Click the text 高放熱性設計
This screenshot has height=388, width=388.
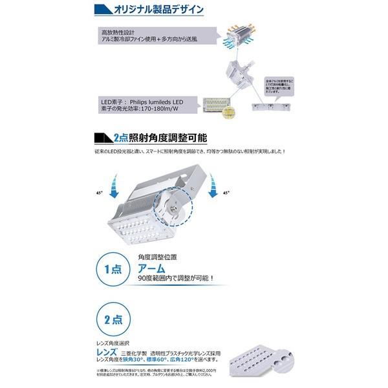[x=117, y=31]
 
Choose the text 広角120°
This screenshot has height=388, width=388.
[x=209, y=361]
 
